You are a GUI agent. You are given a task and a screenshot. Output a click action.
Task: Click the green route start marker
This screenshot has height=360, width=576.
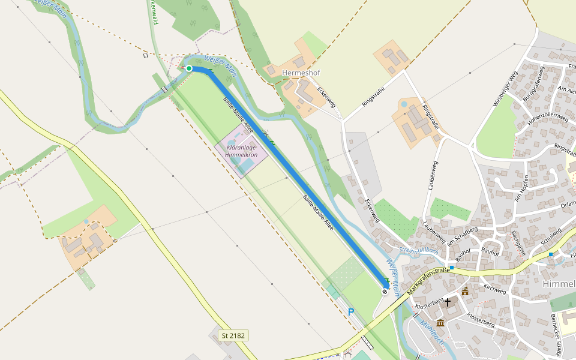pos(189,68)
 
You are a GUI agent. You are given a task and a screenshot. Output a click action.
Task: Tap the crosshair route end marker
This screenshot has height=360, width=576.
pos(385,292)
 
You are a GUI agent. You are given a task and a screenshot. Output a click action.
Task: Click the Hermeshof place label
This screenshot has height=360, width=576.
pos(301,73)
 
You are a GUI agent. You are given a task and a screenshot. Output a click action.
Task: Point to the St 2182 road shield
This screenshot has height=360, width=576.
pos(233,335)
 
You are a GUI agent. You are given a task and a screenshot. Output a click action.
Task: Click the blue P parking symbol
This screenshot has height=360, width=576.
pos(351,312)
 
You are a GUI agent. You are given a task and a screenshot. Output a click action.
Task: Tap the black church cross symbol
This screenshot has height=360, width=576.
pos(448,302)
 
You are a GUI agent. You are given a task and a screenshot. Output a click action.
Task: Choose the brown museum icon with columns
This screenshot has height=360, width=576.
pos(440,323)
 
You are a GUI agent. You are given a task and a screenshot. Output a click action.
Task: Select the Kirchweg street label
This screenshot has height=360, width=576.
pos(495,289)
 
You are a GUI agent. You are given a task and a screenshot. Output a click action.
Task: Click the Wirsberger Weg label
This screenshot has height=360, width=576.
pos(505,89)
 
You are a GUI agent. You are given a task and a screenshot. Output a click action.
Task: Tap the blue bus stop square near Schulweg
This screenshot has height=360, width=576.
pos(550,254)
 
